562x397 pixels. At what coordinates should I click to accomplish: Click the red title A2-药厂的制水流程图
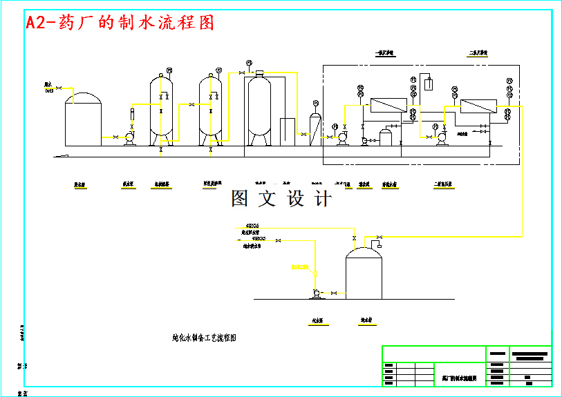tap(120, 22)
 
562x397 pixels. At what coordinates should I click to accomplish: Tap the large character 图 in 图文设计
tap(240, 199)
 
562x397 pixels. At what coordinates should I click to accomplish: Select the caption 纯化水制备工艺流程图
tap(205, 338)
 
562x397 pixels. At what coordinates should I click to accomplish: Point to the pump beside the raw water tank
tap(129, 138)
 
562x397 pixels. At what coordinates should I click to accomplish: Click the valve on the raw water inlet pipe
tap(58, 87)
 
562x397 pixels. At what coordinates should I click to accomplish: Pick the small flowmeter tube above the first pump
tap(132, 114)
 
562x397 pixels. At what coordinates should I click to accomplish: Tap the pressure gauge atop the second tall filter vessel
tap(219, 70)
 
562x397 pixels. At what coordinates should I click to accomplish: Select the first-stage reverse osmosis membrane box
tap(388, 106)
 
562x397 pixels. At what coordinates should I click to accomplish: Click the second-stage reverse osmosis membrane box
tap(478, 106)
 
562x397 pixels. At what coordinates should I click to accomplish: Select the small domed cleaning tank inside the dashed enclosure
tap(386, 135)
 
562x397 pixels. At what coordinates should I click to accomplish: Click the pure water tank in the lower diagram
tap(364, 274)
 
